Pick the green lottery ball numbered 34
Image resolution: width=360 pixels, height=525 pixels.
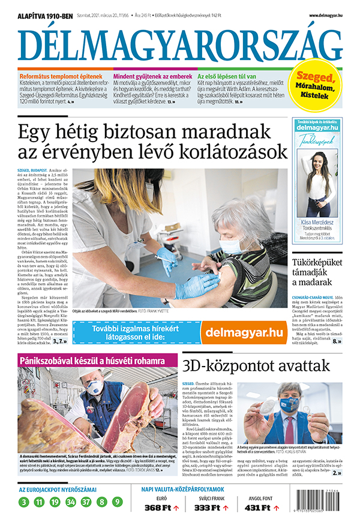click(70, 502)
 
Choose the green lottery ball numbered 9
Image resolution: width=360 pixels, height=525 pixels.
click(117, 502)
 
